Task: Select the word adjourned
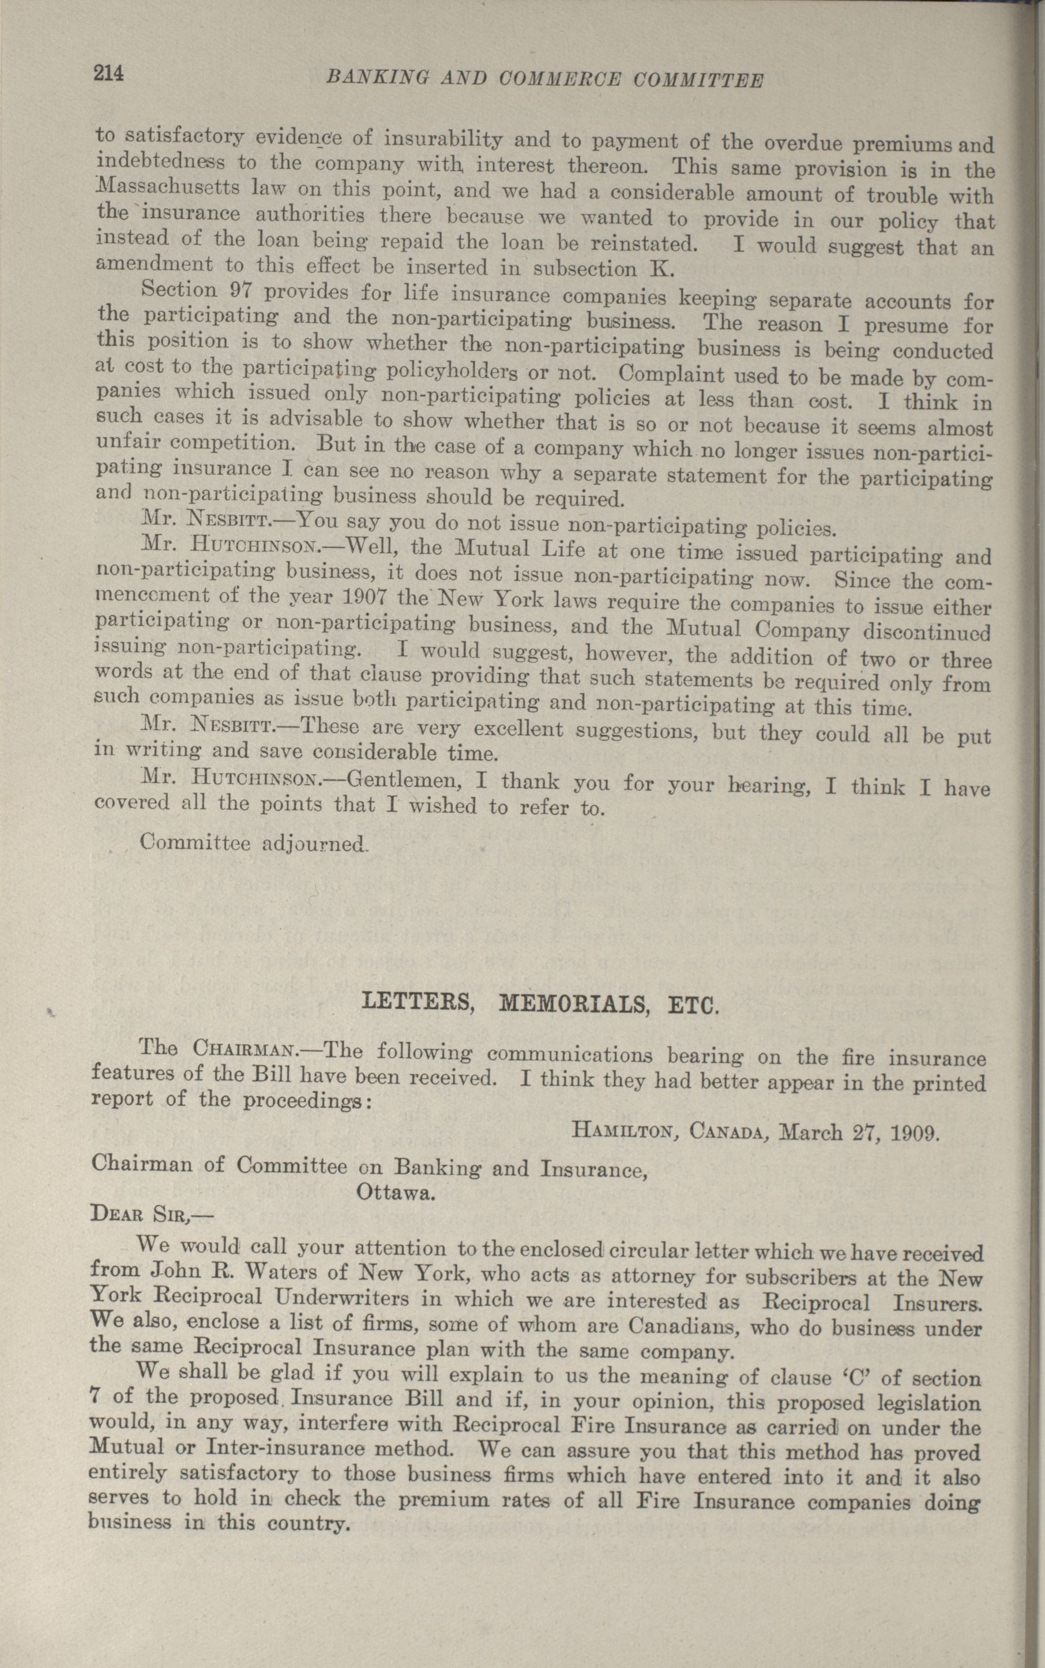pos(314,844)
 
